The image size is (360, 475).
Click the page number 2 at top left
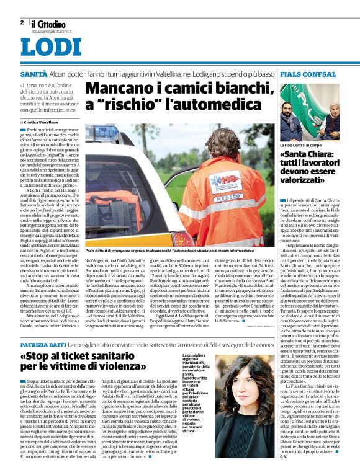[x=22, y=22]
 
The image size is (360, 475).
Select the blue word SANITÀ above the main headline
[x=33, y=74]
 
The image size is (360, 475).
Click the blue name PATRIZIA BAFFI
[x=42, y=343]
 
